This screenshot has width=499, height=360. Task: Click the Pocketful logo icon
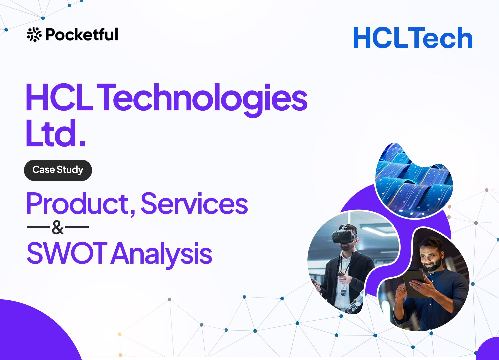(34, 34)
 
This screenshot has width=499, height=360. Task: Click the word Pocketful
(82, 35)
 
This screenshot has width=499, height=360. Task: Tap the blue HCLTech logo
(413, 37)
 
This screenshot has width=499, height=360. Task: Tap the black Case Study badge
(58, 170)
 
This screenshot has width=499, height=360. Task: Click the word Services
(194, 203)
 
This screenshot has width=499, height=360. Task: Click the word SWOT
(67, 253)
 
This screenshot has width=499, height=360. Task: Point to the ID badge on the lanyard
(343, 291)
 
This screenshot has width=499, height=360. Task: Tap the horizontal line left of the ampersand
(38, 227)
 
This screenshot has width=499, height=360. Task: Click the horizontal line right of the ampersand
(77, 227)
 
